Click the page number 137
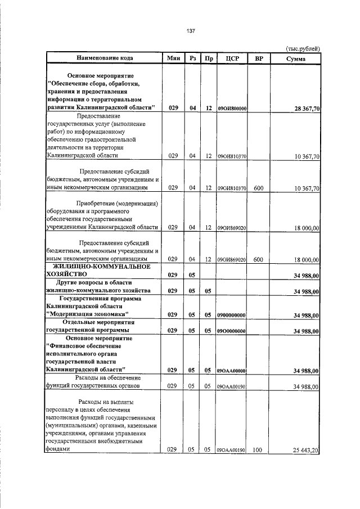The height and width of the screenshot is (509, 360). [x=190, y=31]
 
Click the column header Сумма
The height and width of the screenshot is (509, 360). [x=295, y=58]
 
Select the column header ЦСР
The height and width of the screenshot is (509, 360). [x=233, y=58]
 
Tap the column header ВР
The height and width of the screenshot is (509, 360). [x=259, y=58]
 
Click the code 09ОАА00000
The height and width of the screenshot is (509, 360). [x=233, y=371]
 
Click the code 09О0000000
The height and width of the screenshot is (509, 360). [x=233, y=331]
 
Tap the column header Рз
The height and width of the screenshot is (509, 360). [x=193, y=58]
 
